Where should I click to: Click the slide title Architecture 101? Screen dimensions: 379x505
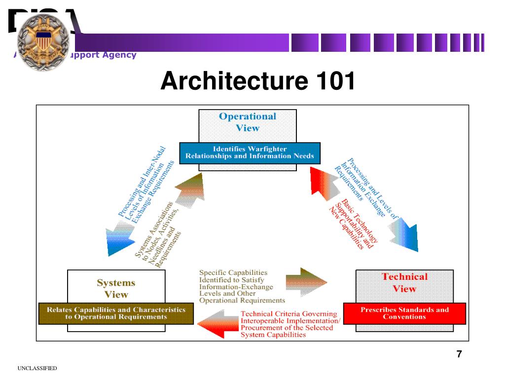tap(257, 81)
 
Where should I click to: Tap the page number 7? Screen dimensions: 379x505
tap(459, 354)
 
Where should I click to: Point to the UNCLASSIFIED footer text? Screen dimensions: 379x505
tap(37, 369)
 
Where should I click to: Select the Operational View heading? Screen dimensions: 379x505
tap(247, 122)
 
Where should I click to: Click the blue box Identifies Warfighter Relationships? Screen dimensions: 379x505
tap(250, 152)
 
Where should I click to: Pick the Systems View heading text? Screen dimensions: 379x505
tap(116, 289)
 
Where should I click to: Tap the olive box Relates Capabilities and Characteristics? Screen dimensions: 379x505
tap(116, 313)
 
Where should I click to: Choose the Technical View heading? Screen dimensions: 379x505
tap(404, 283)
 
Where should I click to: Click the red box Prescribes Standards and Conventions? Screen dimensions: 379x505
tap(404, 313)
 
